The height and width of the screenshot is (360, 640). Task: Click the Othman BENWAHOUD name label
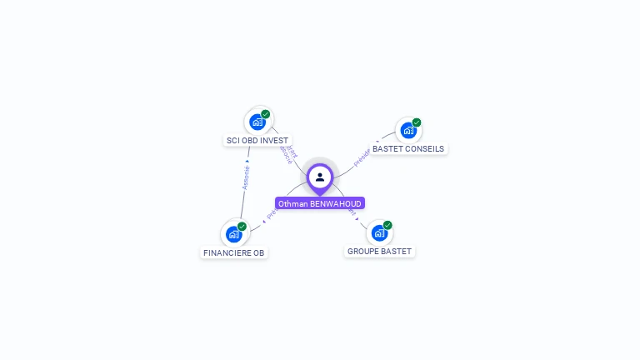(320, 203)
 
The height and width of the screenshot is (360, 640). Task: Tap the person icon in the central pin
(320, 177)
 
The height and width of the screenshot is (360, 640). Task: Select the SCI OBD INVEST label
(257, 141)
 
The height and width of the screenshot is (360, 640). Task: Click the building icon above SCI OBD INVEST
(257, 122)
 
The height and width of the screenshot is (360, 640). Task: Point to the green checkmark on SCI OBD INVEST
(266, 114)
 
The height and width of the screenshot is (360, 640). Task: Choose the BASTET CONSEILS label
(408, 149)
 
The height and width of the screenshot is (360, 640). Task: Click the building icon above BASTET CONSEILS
(407, 130)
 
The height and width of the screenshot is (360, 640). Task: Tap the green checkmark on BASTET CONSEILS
(417, 122)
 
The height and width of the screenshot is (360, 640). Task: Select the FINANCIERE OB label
(234, 252)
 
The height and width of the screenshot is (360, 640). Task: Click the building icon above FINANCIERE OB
(234, 234)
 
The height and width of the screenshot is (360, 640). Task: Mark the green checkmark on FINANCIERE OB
(242, 227)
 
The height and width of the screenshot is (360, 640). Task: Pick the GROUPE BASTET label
(379, 251)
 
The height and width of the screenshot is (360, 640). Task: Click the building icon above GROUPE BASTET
(379, 232)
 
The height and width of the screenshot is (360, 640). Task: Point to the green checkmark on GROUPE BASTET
(387, 225)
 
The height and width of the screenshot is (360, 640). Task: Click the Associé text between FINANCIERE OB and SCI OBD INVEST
(245, 177)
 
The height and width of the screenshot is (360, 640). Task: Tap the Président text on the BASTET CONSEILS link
(362, 158)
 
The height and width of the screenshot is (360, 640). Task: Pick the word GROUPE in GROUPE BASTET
(363, 251)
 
